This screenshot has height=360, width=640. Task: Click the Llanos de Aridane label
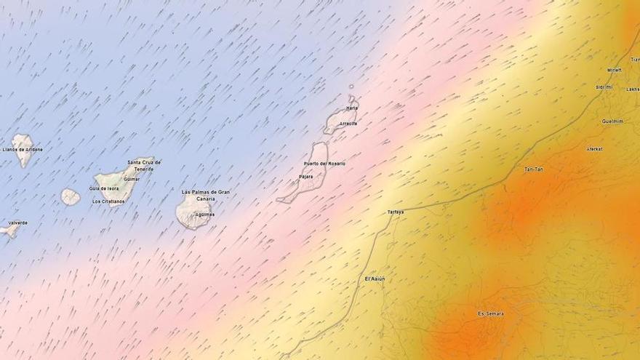click(23, 150)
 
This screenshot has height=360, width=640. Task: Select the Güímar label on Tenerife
click(132, 179)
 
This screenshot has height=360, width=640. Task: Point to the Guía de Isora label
click(104, 188)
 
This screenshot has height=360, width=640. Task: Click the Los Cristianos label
click(108, 201)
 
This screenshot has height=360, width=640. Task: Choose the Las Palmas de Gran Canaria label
click(206, 195)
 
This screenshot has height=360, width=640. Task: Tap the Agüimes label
click(205, 215)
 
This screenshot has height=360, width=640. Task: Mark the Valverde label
click(17, 223)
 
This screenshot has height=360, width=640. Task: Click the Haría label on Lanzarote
click(352, 108)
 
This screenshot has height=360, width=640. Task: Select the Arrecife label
click(348, 124)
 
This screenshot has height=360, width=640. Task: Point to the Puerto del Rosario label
click(324, 164)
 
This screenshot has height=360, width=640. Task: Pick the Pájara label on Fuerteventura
click(305, 177)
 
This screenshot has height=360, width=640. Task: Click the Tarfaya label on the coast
click(396, 212)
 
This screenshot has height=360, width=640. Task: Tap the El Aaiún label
click(375, 279)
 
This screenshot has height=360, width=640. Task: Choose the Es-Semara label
click(490, 313)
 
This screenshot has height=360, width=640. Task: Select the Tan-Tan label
click(534, 169)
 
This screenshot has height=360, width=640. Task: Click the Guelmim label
click(612, 121)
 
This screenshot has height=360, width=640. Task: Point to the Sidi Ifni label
click(604, 87)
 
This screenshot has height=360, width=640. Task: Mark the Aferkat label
click(594, 149)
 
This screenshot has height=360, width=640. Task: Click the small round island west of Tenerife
click(70, 197)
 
